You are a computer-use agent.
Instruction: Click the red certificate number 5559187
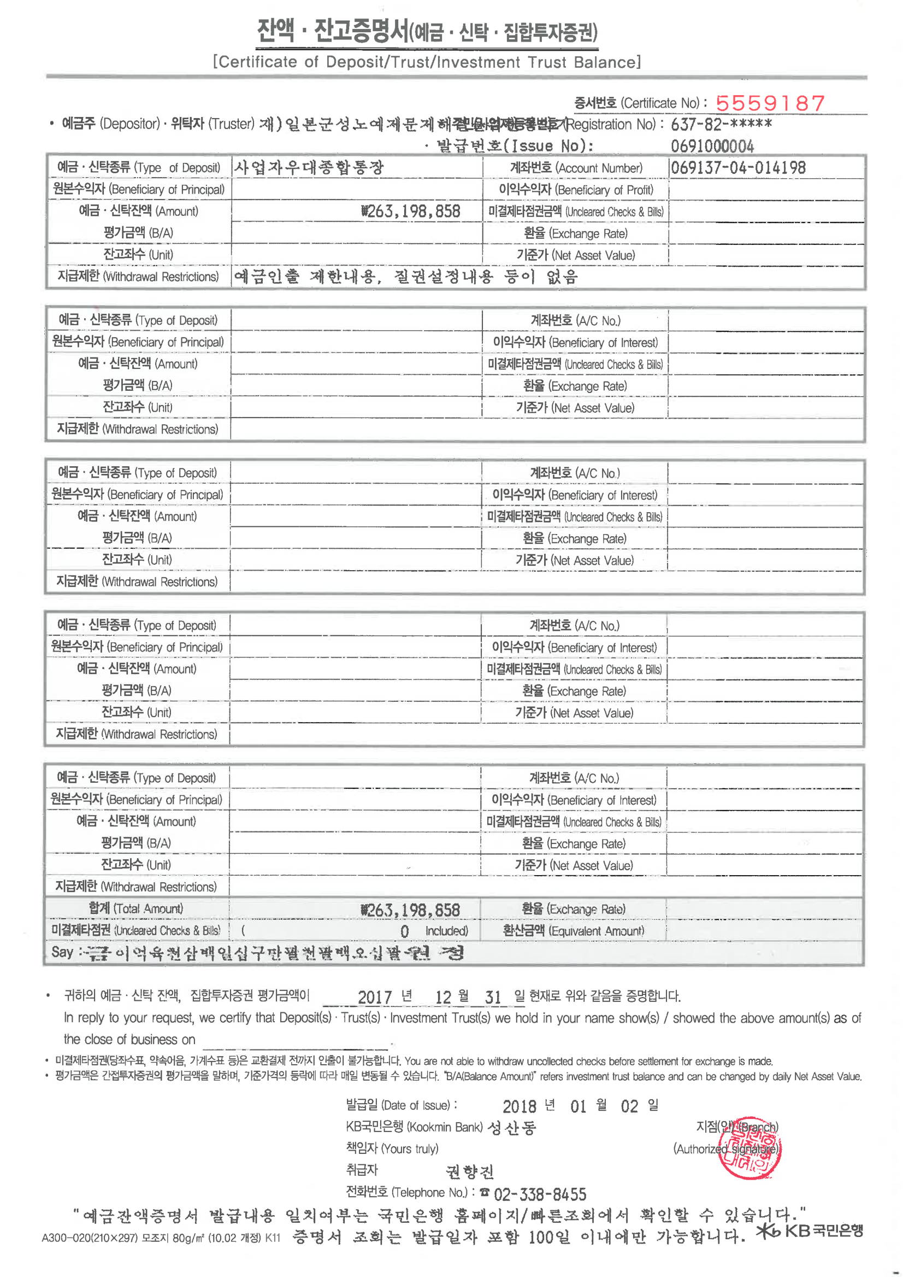pyautogui.click(x=770, y=103)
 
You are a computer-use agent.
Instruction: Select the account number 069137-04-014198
pyautogui.click(x=738, y=168)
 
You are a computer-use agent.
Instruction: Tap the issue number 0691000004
pyautogui.click(x=712, y=146)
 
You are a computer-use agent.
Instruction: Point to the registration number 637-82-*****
pyautogui.click(x=721, y=124)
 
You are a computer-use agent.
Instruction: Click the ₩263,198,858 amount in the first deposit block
pyautogui.click(x=411, y=211)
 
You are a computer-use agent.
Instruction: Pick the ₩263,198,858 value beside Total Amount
pyautogui.click(x=411, y=910)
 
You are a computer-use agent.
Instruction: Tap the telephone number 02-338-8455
pyautogui.click(x=540, y=1193)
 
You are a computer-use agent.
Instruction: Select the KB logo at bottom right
pyautogui.click(x=810, y=1230)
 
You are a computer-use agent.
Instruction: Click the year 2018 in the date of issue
pyautogui.click(x=519, y=1106)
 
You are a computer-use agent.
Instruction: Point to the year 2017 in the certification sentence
pyautogui.click(x=374, y=997)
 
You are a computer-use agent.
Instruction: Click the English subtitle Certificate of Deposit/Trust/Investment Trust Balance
pyautogui.click(x=427, y=62)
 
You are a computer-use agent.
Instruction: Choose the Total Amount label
pyautogui.click(x=136, y=908)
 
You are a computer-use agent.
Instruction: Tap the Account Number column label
pyautogui.click(x=576, y=168)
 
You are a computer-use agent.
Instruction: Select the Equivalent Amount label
pyautogui.click(x=573, y=931)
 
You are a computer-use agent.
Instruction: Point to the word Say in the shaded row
pyautogui.click(x=62, y=952)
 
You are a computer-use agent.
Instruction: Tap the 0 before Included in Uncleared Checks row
pyautogui.click(x=404, y=931)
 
